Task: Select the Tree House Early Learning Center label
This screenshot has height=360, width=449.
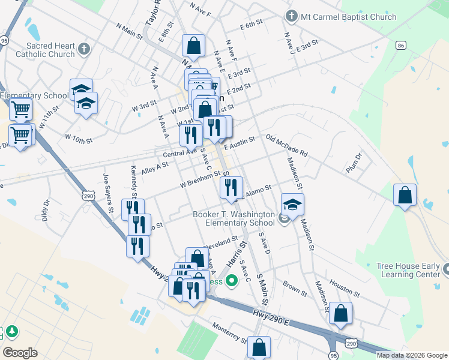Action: pos(408,270)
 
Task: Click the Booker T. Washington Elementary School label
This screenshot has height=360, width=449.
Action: pos(234,218)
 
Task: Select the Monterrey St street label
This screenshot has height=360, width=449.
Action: pos(230,333)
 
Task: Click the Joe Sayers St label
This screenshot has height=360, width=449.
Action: pos(108,193)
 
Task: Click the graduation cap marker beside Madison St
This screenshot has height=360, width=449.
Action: pos(292,205)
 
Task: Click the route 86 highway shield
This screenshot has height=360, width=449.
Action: pos(401,45)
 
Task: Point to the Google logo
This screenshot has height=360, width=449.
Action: pos(20,352)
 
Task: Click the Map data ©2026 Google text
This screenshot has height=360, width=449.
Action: pos(412,355)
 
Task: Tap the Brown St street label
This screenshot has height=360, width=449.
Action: pos(295,288)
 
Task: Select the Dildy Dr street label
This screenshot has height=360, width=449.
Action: pos(45,211)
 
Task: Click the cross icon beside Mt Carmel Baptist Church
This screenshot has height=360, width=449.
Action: pos(292,17)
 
